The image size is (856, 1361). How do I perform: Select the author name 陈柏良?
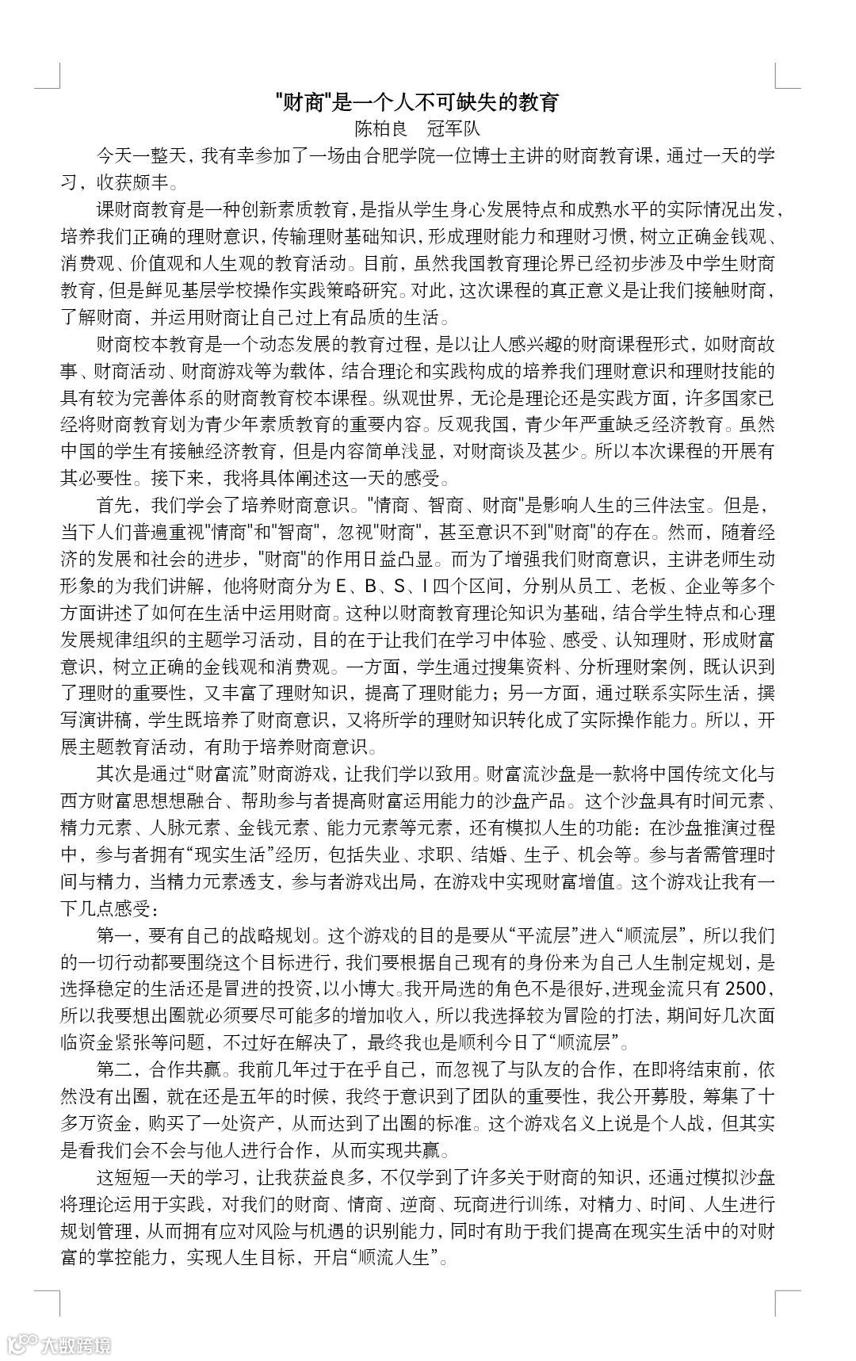point(380,128)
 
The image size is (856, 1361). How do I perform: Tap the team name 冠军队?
point(453,128)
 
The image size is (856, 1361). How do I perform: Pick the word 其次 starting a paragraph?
point(113,773)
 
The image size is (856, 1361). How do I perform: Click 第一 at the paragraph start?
point(113,935)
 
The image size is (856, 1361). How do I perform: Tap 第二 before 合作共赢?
point(113,1069)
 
